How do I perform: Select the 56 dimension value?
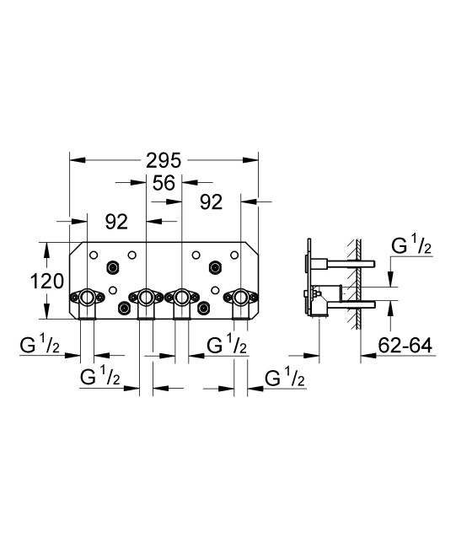click(x=164, y=181)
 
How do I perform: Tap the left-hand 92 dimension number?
click(x=116, y=222)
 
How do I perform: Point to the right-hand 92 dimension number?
click(x=211, y=202)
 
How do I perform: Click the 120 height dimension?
click(x=47, y=281)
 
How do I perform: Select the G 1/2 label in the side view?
click(x=413, y=247)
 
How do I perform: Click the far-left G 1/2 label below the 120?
click(x=40, y=346)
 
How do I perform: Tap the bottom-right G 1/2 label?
click(x=285, y=379)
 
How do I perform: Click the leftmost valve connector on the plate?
click(x=87, y=298)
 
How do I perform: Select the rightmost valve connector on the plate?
click(x=240, y=298)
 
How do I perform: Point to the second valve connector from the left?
click(x=146, y=298)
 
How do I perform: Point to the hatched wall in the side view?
click(x=359, y=278)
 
